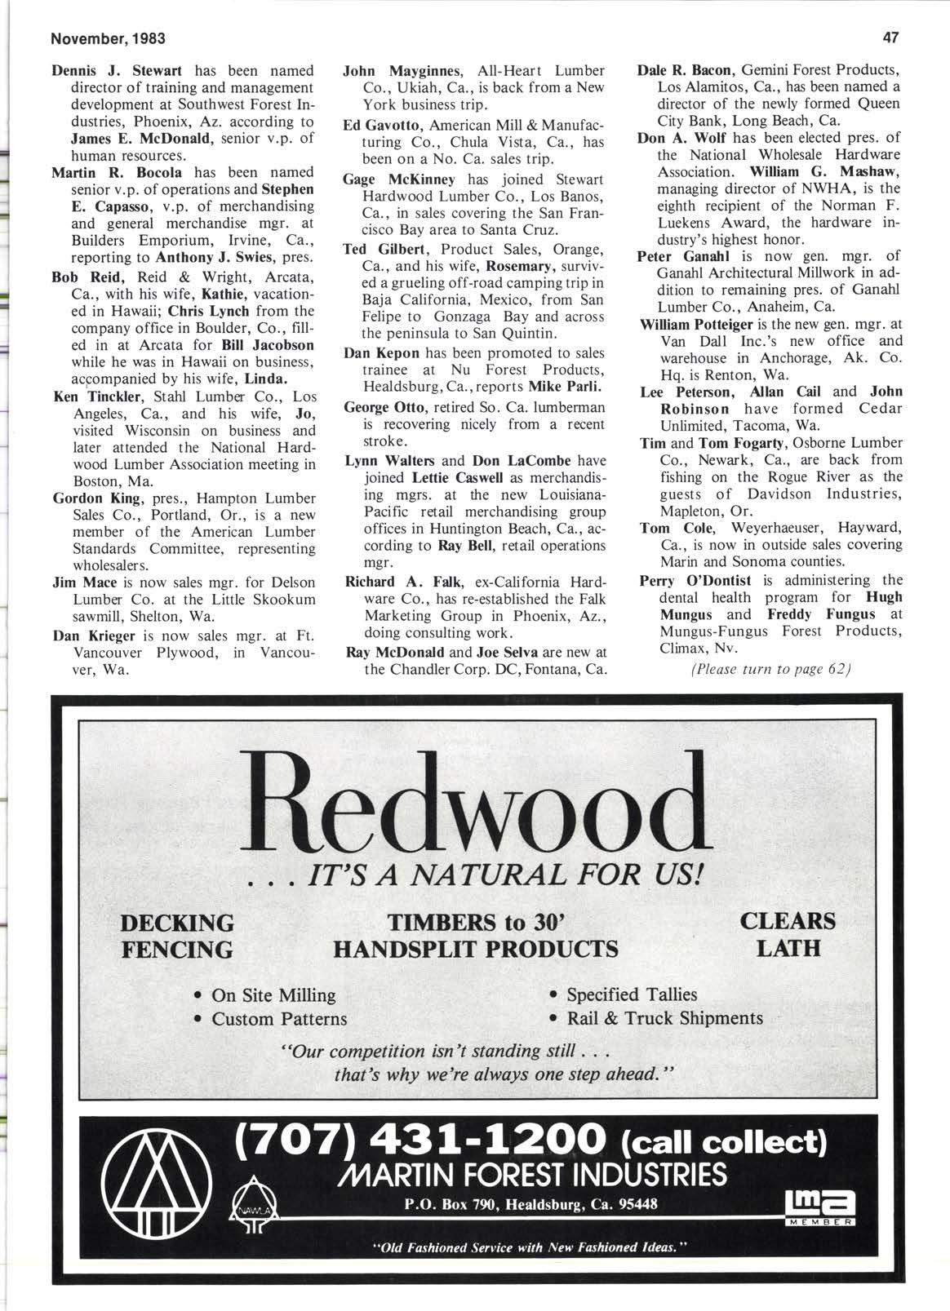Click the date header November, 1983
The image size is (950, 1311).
tap(96, 38)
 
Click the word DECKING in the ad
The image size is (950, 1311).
tap(177, 923)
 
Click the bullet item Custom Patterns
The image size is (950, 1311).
tap(279, 1019)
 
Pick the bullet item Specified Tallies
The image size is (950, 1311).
tap(632, 994)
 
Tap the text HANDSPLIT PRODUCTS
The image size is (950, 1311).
tap(475, 949)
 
